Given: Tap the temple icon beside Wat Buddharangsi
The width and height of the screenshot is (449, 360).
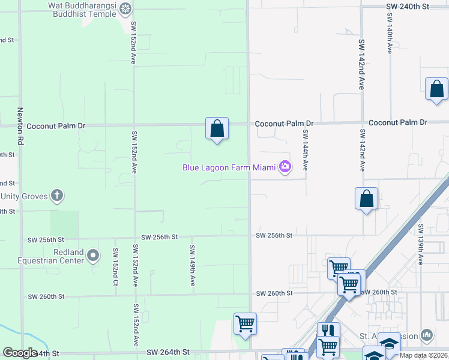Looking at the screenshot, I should point(125,8).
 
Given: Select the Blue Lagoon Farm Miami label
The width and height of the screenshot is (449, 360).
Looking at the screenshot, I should point(229,167).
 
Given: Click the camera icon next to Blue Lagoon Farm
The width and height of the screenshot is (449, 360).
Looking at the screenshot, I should point(285,167).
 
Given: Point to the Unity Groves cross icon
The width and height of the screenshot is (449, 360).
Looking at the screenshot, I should point(57,195).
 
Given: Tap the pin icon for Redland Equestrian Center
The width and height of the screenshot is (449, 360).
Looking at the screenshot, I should point(93,256).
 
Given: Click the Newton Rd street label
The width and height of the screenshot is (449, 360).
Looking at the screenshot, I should point(20,123).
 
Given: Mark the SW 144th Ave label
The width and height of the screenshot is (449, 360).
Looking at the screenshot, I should point(306,150).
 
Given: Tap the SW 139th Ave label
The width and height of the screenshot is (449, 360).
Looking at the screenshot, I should point(421,245).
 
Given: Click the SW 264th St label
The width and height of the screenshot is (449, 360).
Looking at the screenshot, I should point(168,352).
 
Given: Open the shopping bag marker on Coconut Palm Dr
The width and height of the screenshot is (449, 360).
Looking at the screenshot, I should point(217,128).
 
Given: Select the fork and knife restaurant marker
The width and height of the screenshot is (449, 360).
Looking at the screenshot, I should point(328,331).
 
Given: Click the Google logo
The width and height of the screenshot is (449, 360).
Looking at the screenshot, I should point(20,353).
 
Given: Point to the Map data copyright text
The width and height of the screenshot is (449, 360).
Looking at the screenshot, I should point(424,355).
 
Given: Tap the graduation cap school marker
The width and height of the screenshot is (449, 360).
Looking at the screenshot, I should point(389,343).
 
